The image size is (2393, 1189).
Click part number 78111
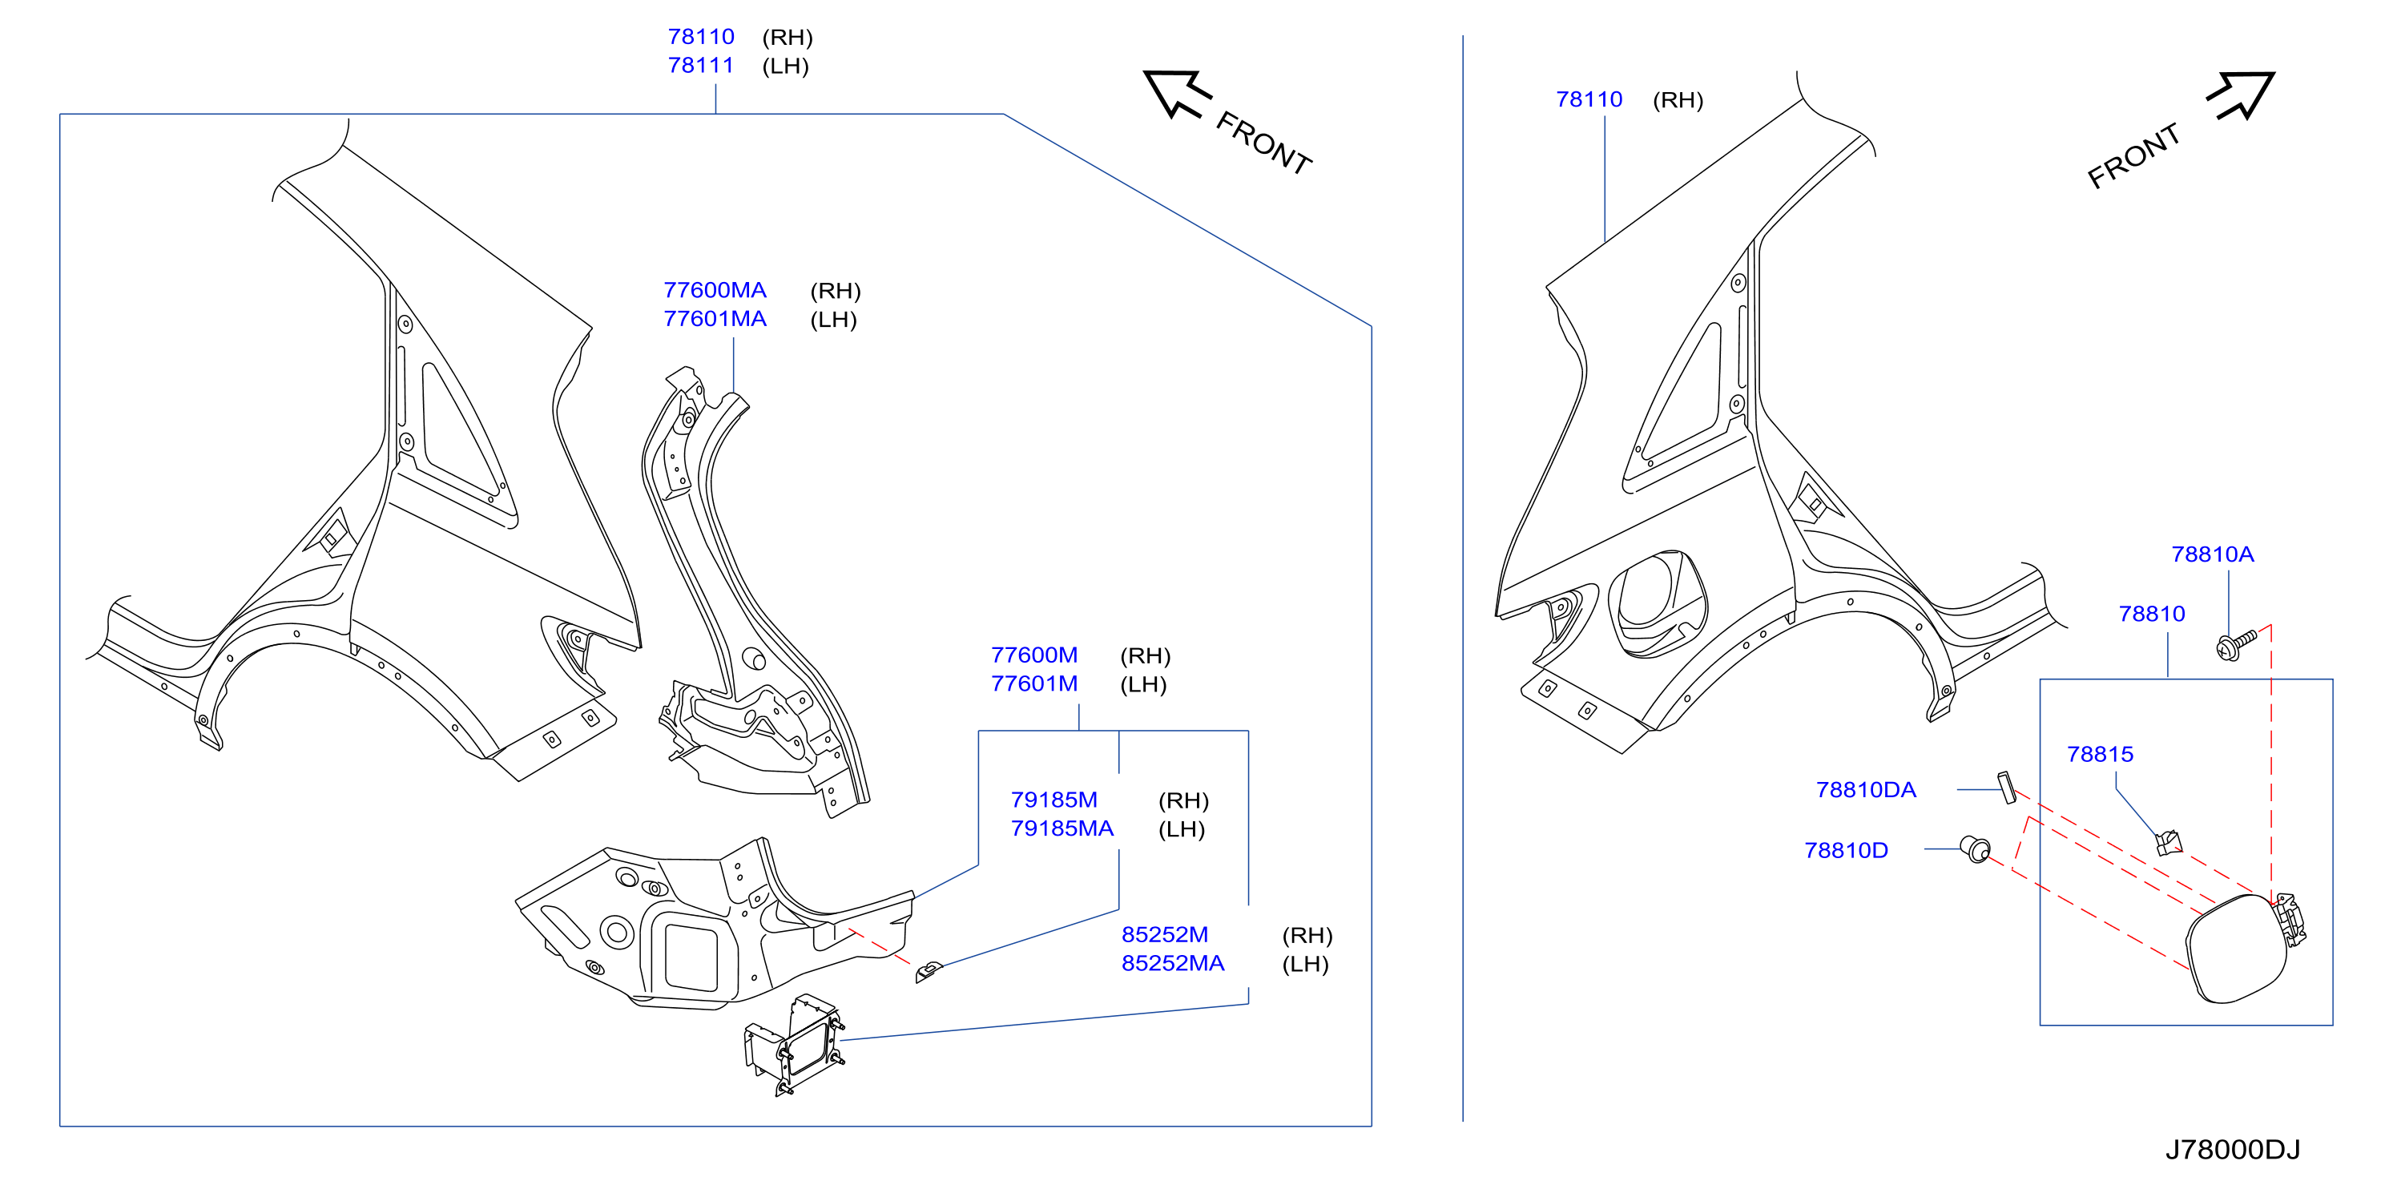(700, 65)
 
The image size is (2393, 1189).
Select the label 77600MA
(715, 290)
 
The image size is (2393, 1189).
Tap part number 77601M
(1034, 683)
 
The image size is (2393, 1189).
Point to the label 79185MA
(1062, 828)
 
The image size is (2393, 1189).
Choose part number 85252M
(1165, 934)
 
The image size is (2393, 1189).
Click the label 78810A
(2212, 554)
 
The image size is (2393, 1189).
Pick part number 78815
(2100, 754)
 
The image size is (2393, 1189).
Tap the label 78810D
(1846, 850)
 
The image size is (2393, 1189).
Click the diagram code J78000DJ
(2232, 1150)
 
